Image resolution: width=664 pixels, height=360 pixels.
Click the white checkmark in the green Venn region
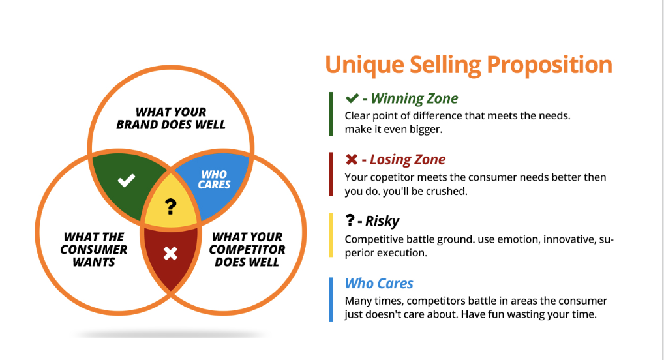127,181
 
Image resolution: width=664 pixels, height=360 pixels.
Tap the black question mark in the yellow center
170,207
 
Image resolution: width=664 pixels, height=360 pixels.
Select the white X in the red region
170,253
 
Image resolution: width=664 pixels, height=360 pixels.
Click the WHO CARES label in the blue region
214,179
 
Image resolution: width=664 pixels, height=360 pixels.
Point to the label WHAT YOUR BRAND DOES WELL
171,119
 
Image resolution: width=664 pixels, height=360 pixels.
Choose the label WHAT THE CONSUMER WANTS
94,250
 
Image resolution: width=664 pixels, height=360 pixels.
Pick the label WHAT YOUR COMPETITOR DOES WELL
247,250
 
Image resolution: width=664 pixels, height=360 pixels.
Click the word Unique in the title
363,65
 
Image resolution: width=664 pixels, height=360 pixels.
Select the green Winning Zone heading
414,99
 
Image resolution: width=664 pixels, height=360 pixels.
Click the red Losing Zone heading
408,160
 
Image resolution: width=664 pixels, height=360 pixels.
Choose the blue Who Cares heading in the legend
379,283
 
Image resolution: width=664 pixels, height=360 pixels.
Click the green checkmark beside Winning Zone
352,98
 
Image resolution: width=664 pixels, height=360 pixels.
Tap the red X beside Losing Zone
352,160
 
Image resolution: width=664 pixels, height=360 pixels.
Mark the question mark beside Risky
350,221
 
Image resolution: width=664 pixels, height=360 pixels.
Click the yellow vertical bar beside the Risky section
331,235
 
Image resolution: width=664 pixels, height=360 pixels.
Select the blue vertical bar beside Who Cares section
331,299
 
